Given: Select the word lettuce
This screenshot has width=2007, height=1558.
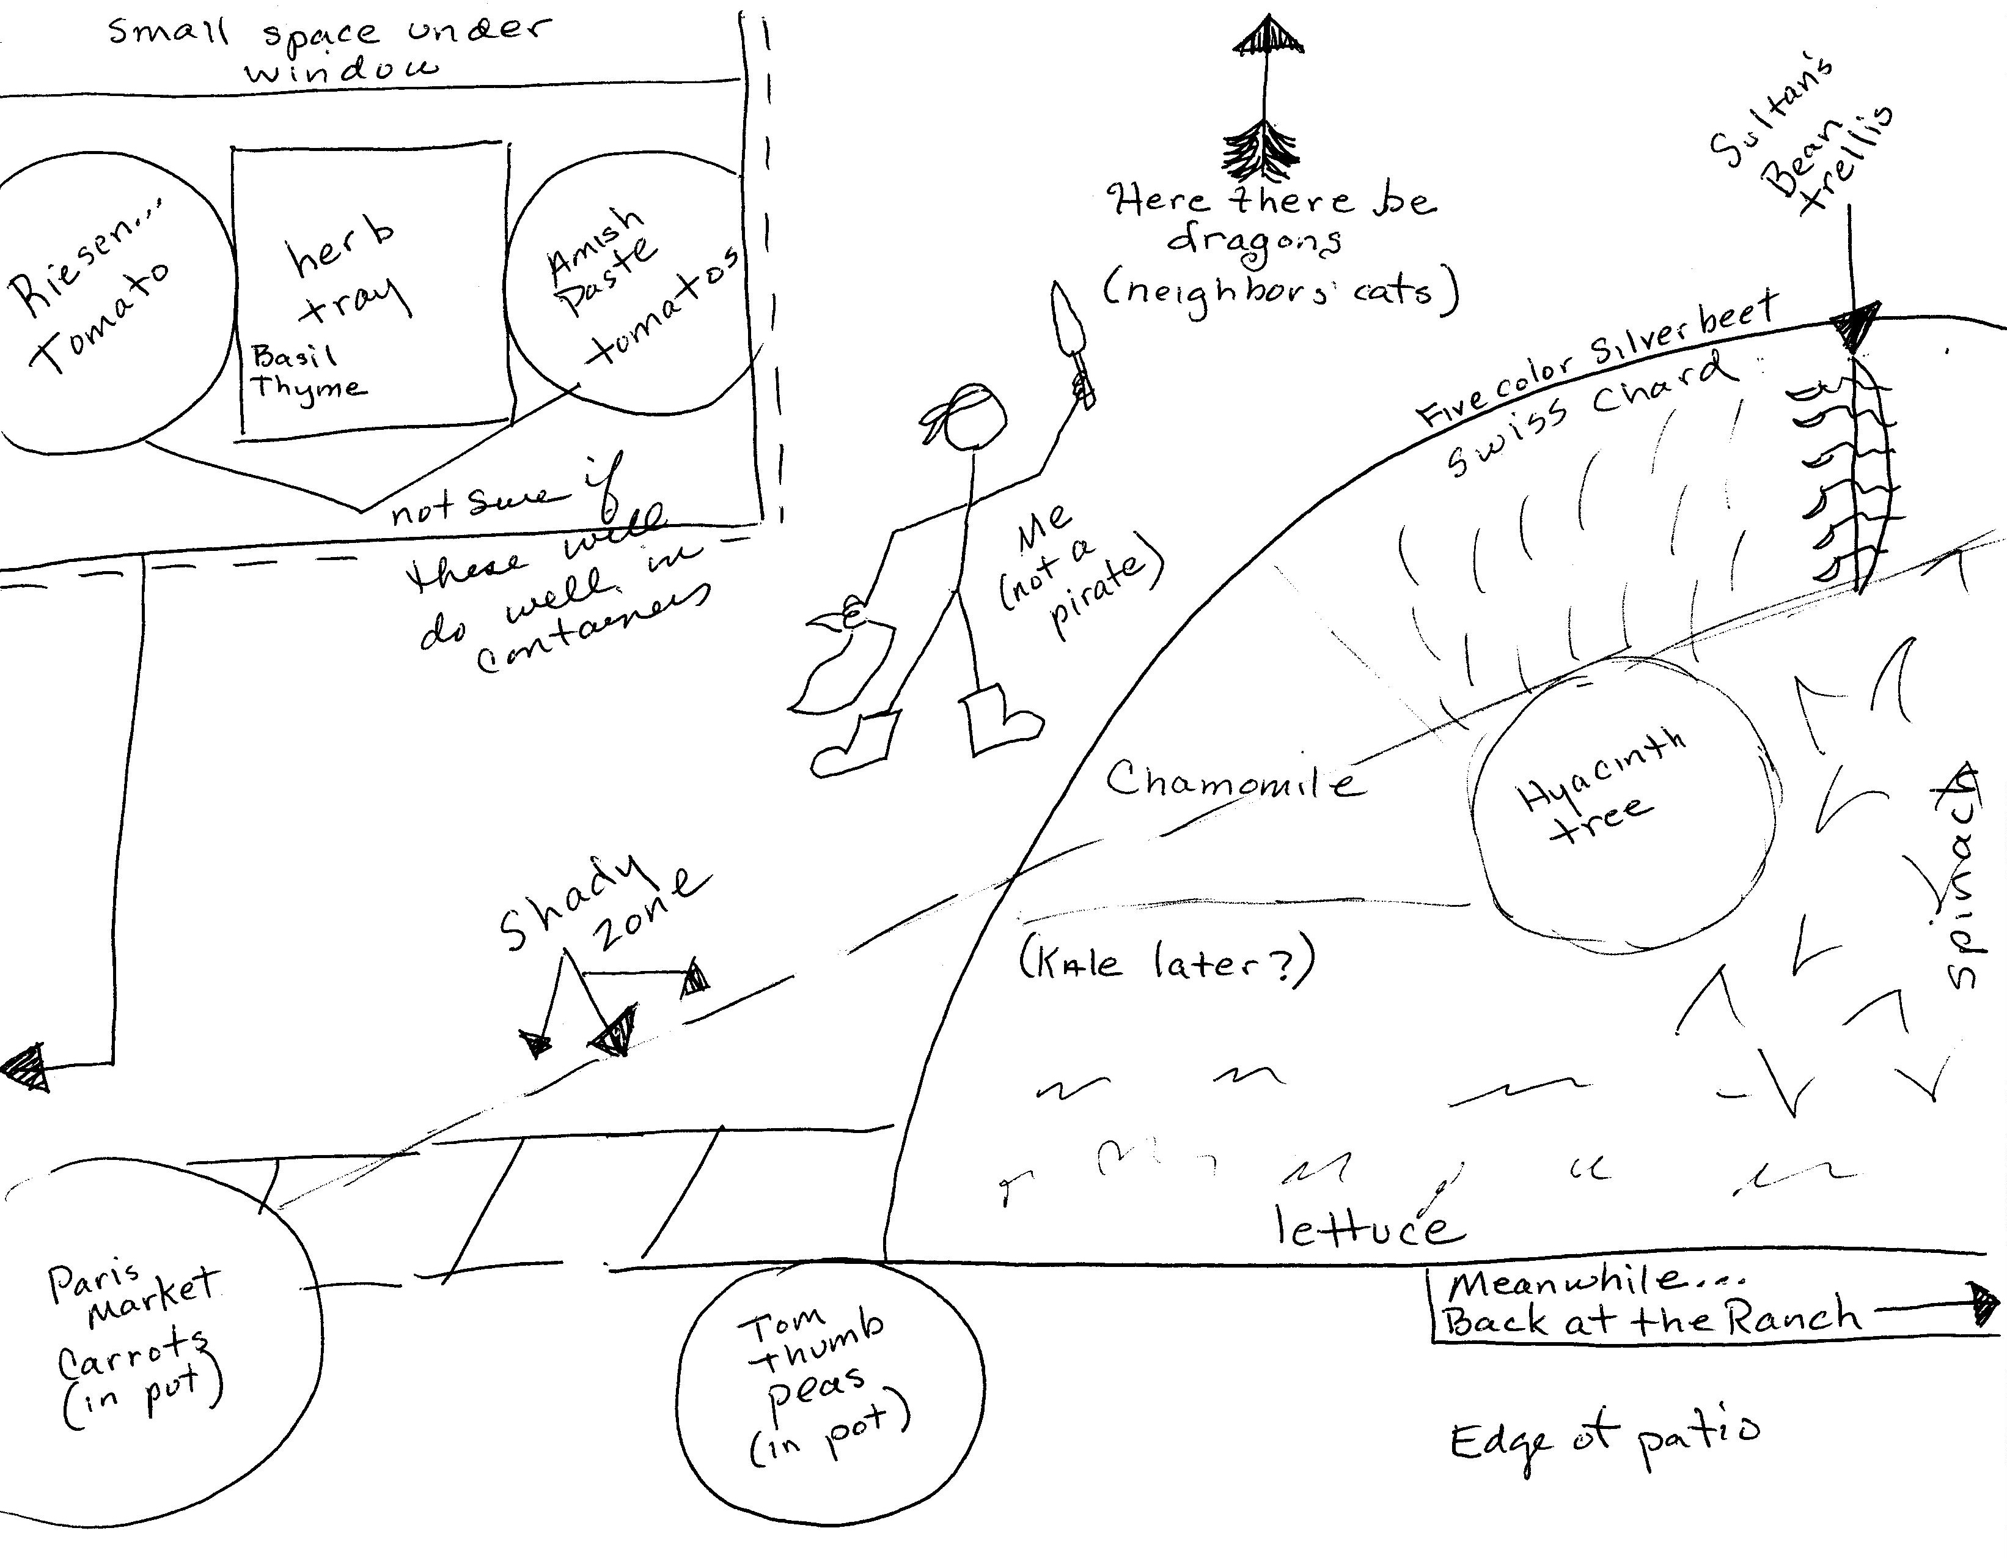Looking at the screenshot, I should tap(1369, 1228).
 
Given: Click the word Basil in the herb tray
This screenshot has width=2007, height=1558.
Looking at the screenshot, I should tap(294, 356).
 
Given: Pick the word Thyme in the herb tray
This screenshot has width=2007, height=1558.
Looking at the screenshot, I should tap(308, 387).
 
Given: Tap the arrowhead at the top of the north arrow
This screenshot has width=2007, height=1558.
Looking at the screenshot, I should tap(1268, 37).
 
